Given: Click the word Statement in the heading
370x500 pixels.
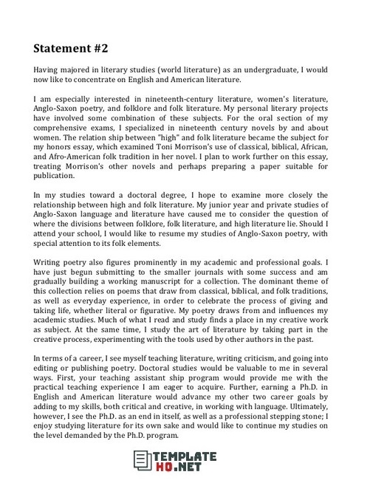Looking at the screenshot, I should (62, 49).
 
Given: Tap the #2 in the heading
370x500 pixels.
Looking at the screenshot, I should (100, 49).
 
